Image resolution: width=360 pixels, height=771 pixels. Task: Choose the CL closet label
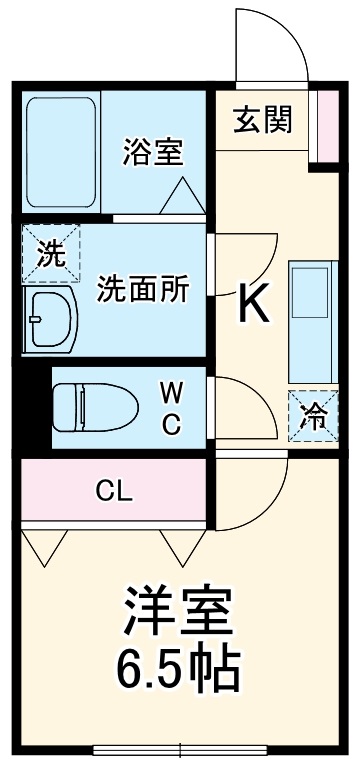point(115,490)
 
